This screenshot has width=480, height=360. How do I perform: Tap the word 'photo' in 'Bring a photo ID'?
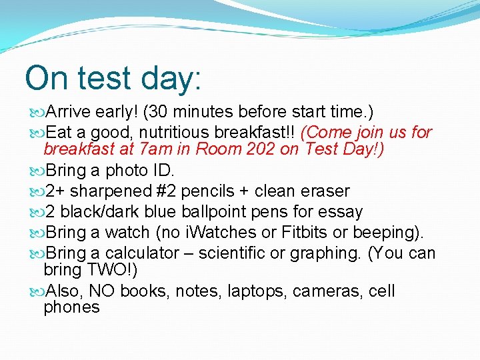coord(128,170)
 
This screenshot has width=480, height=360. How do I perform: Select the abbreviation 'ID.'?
coord(164,170)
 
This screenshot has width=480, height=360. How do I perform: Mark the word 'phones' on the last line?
coord(71,307)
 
